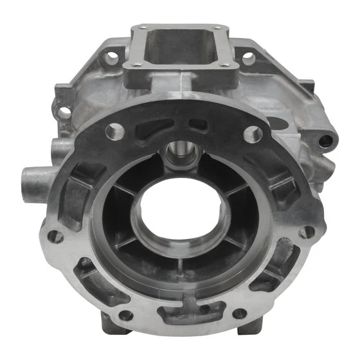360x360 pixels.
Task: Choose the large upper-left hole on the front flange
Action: click(116, 132)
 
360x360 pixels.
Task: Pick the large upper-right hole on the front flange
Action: click(253, 134)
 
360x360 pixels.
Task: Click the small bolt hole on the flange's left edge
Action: click(56, 237)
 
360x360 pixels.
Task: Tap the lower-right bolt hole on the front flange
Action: click(239, 314)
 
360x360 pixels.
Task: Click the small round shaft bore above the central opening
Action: click(177, 154)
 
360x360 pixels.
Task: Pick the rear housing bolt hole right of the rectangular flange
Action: click(248, 59)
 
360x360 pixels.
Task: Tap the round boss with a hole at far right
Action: click(327, 139)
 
